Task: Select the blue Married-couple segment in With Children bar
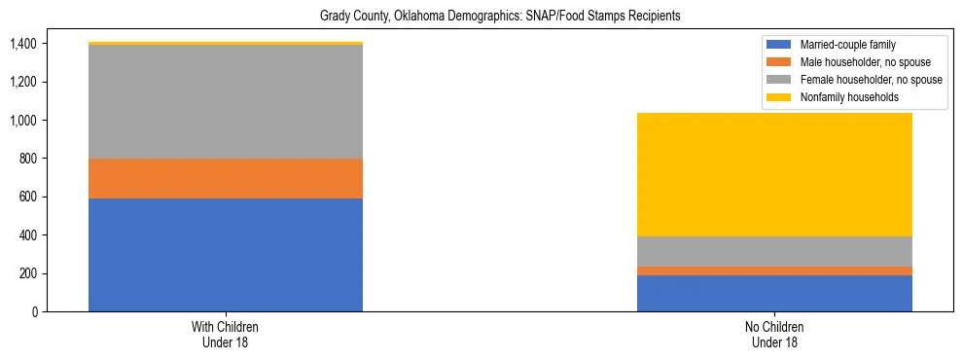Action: coord(226,255)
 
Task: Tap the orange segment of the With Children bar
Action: coord(226,178)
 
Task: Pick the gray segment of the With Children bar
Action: coord(226,101)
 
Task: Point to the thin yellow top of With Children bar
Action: coord(226,44)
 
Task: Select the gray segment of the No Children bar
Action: coord(774,251)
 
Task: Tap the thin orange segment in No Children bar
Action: coord(774,270)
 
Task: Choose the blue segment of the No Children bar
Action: coord(774,293)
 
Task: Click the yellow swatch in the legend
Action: coord(779,97)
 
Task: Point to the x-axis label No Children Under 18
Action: coord(774,335)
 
